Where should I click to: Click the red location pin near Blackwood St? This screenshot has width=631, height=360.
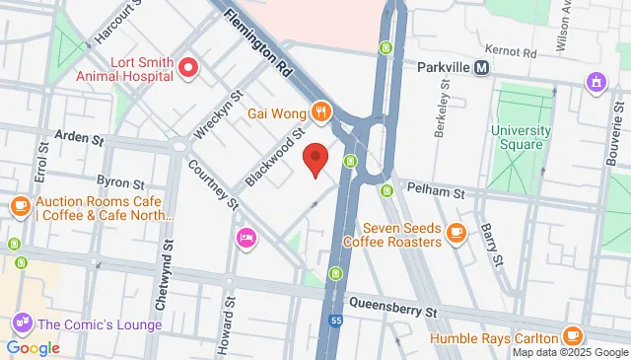(315, 158)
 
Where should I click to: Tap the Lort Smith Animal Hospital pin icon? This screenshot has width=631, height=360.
(187, 68)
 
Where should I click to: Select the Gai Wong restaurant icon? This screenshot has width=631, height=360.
(319, 110)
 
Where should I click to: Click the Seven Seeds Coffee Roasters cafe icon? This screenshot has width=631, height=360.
(455, 232)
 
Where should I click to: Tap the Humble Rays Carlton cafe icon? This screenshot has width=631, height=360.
(574, 335)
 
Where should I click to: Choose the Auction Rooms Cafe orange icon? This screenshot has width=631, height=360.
(20, 206)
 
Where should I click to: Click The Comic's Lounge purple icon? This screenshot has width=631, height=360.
(20, 323)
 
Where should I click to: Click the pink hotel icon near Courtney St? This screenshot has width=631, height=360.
(245, 237)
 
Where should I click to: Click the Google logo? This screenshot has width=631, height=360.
(33, 347)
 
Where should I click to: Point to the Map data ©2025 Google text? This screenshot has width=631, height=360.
(569, 352)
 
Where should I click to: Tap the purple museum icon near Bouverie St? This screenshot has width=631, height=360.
(596, 80)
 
